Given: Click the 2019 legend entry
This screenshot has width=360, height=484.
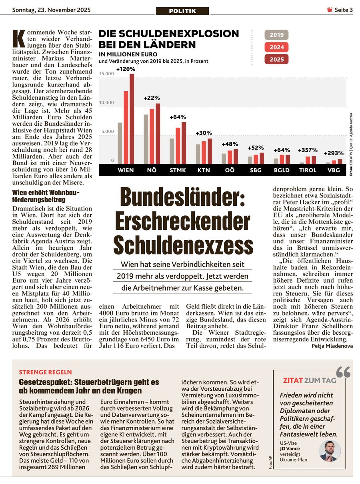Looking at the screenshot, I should tap(276, 35).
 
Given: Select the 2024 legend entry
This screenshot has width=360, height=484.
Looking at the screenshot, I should tap(276, 47).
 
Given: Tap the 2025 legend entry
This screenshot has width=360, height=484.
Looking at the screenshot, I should tap(276, 59).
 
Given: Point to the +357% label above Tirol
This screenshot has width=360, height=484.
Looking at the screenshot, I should tap(308, 150).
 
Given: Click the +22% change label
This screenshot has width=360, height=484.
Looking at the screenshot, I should tap(152, 98).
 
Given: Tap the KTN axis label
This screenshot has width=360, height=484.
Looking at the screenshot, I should tap(204, 170).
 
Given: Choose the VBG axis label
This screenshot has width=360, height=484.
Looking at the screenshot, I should tap(334, 170).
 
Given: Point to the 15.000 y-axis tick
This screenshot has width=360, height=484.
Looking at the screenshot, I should tap(107, 74).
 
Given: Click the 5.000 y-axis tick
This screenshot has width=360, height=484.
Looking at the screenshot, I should tap(107, 131).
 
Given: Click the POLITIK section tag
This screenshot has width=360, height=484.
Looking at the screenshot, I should tap(182, 11).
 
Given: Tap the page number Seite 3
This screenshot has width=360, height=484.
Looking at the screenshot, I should tap(343, 10).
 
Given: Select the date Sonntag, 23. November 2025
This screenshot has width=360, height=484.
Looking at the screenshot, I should tap(52, 10).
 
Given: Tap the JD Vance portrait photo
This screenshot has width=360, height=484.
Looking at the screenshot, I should tap(330, 451).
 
